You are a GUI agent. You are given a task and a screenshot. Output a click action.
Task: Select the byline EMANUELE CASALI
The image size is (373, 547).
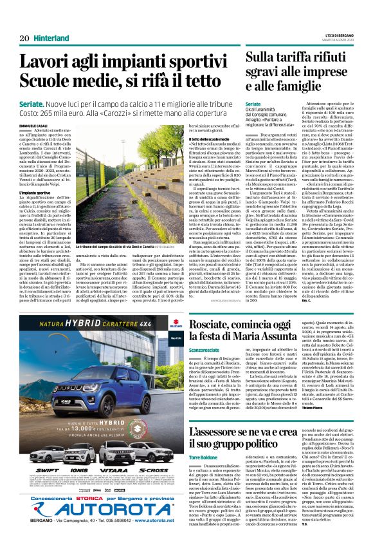35,123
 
